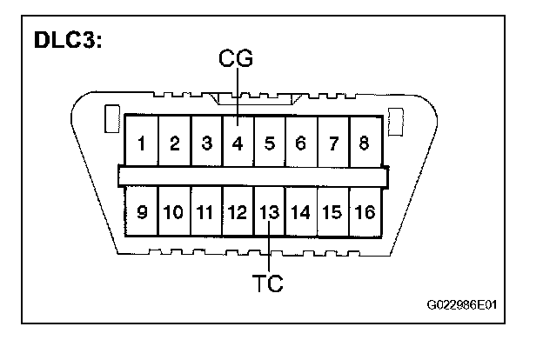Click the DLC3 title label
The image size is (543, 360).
tap(68, 41)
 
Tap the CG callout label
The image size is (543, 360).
tap(235, 60)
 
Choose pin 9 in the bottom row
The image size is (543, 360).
tap(141, 211)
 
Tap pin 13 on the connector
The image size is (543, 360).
tap(269, 211)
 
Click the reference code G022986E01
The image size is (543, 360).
tap(467, 305)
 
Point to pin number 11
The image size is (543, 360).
tap(205, 211)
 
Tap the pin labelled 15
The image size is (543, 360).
tap(332, 211)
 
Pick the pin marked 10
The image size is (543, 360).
tap(173, 211)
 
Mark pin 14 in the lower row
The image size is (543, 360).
tap(300, 211)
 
